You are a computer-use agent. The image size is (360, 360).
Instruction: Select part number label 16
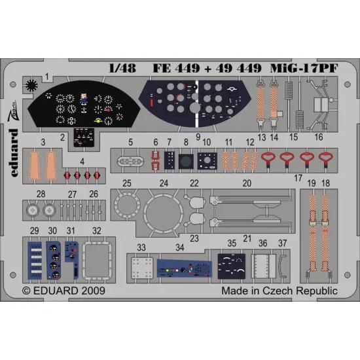[x=318, y=139]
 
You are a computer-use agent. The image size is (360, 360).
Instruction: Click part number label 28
[x=41, y=194]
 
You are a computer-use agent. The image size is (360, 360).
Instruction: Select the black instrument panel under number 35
[x=232, y=268]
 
